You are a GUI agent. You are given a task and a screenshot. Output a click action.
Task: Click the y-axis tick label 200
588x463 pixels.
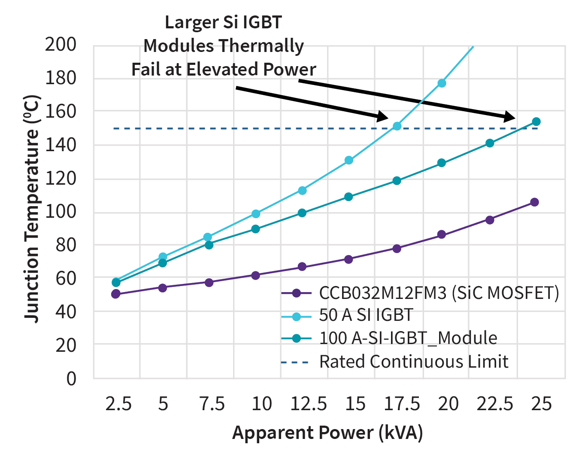coord(61,44)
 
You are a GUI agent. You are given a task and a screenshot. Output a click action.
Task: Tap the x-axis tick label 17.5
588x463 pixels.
coord(402,404)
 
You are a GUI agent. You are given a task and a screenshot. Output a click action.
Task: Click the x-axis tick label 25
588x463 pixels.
coord(541,404)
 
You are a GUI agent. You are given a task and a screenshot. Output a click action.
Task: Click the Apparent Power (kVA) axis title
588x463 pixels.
coord(327,433)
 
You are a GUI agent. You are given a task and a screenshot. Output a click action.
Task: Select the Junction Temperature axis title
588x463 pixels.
coord(32,209)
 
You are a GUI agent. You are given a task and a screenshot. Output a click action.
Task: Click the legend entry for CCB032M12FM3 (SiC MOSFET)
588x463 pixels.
coord(439,293)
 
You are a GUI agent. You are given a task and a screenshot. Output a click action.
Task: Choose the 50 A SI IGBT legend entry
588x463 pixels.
coord(366,315)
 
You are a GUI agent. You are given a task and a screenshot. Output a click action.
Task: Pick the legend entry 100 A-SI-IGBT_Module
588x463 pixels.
coord(408,338)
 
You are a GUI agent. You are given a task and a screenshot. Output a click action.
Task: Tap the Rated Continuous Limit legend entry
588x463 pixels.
coord(413,362)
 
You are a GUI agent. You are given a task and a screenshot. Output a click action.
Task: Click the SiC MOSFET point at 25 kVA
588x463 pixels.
coord(534,202)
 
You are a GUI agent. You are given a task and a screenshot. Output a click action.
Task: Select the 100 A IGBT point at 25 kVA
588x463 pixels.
coord(536,122)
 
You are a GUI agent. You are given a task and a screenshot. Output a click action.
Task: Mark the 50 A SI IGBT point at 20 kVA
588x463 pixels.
coord(442,83)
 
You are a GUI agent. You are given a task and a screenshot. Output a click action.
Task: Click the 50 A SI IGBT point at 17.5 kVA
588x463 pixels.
coord(397,126)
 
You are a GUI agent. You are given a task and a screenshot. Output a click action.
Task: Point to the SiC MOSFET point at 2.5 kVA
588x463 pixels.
coord(116,294)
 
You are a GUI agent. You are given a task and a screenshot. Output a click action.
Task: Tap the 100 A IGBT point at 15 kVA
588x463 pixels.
coord(349,197)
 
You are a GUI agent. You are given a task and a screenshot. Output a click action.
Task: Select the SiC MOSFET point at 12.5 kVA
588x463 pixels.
coord(302,267)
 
